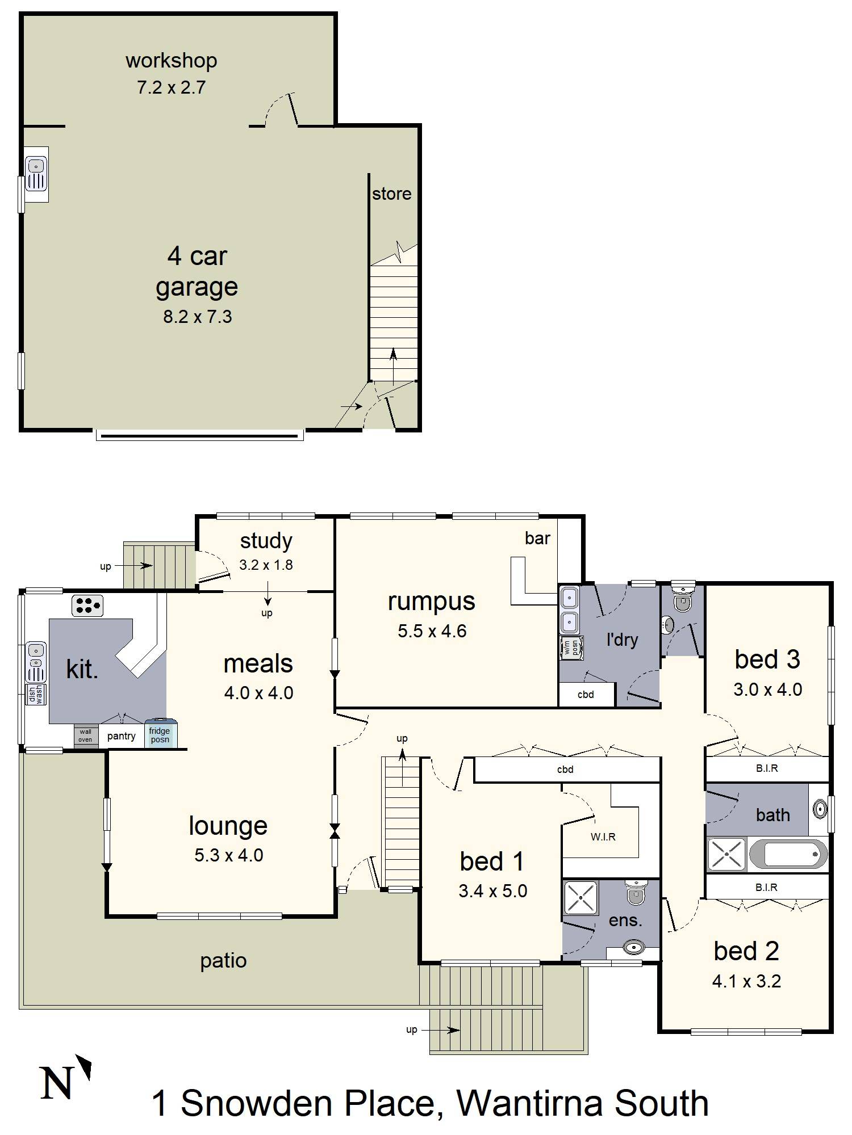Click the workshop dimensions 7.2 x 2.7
tap(171, 87)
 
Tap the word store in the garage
tap(391, 194)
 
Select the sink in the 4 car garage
tap(36, 174)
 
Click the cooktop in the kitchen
tap(87, 606)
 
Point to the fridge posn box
tap(161, 735)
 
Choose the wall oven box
tap(86, 736)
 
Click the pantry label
tap(121, 736)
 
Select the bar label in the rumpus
tap(537, 538)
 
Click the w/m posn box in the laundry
tap(570, 648)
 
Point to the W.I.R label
tap(603, 837)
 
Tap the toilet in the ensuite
tap(636, 892)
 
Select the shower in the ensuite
tap(580, 898)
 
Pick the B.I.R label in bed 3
tap(767, 768)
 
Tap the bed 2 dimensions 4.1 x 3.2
tap(746, 981)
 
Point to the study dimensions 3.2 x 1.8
tap(266, 565)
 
